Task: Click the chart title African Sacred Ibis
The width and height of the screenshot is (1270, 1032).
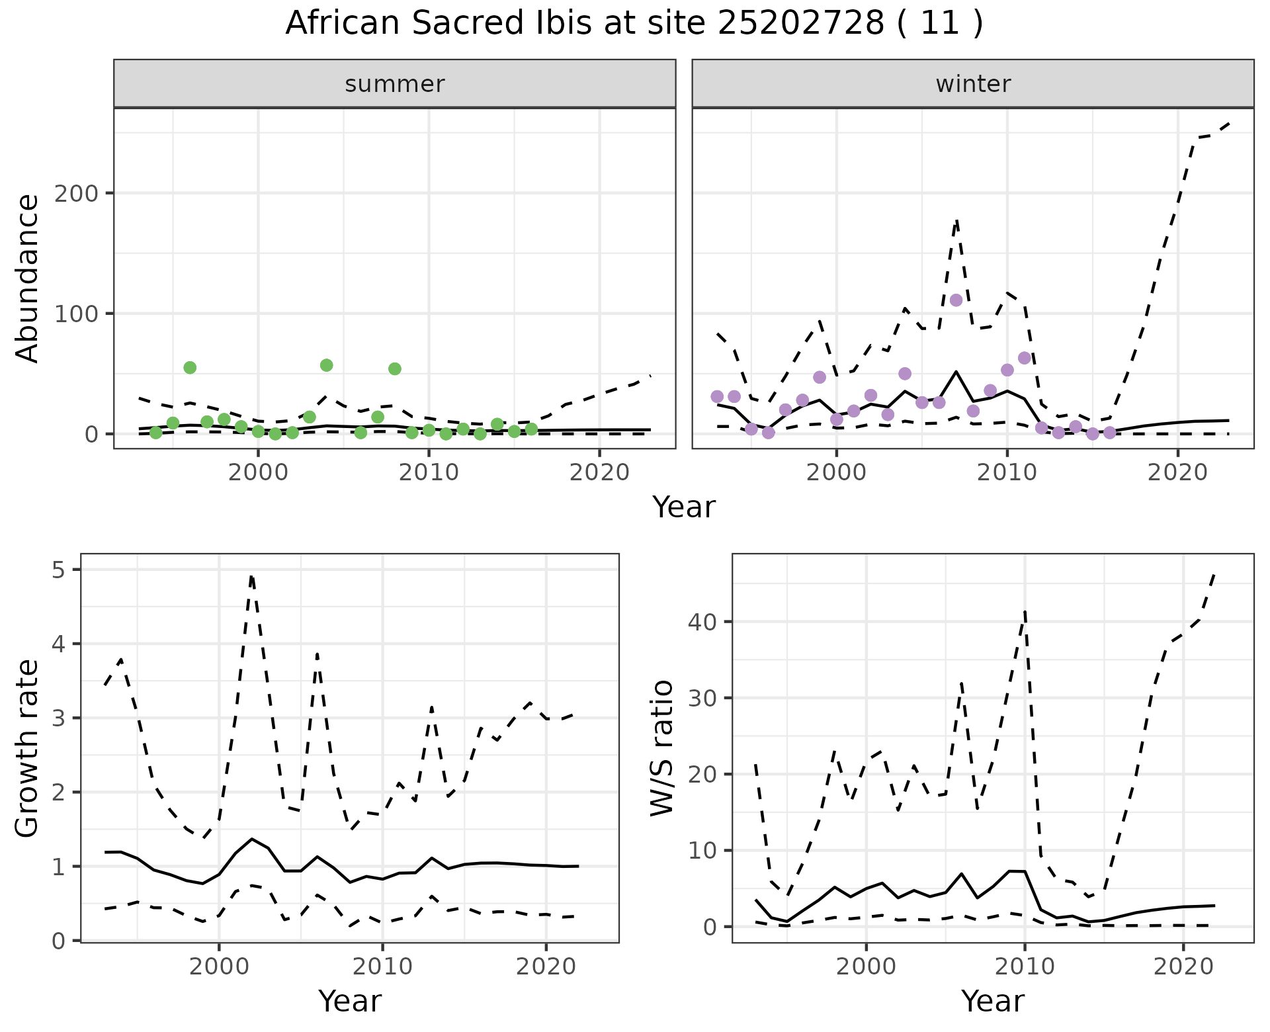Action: coord(634,24)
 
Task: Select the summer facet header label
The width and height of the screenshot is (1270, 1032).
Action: coord(395,84)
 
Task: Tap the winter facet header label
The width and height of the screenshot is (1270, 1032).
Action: coord(973,84)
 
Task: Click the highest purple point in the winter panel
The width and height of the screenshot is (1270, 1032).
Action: coord(956,300)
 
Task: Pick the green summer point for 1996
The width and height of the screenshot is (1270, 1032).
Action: coord(190,368)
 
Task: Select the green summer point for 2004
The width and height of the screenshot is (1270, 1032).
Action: coord(326,365)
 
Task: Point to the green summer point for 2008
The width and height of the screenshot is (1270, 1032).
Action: coord(395,369)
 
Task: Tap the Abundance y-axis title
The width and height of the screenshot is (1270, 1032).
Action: coord(28,278)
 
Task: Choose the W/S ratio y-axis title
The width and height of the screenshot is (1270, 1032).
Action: coord(661,748)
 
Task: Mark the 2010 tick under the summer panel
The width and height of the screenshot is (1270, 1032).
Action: coord(429,472)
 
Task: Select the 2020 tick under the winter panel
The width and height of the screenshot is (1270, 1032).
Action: coord(1177,472)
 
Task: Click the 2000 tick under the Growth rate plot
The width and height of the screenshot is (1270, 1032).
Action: coord(219,967)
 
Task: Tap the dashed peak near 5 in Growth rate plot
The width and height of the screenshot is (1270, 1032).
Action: coord(251,577)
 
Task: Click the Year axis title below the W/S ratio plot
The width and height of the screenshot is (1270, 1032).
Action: coord(992,1001)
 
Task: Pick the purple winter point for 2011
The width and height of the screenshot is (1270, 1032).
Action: coord(1025,358)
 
